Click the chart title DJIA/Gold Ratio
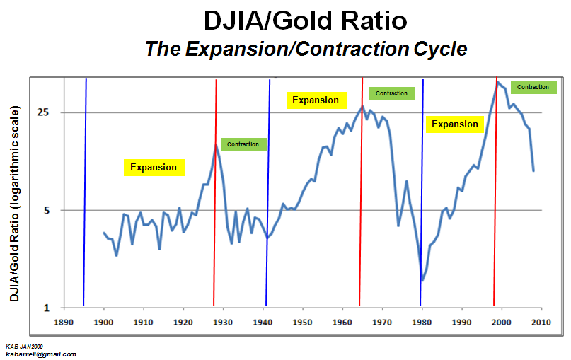click(305, 21)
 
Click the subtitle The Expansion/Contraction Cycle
click(306, 49)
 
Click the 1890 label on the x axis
click(64, 323)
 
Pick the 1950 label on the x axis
click(303, 323)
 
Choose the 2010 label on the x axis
click(541, 323)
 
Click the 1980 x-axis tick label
click(422, 323)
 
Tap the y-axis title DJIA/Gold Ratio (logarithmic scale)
click(14, 204)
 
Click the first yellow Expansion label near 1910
click(154, 168)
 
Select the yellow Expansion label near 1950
click(316, 100)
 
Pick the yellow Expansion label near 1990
click(455, 124)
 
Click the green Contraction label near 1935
click(243, 144)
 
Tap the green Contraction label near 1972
click(392, 93)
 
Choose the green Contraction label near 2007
click(533, 87)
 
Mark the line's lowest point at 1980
click(422, 281)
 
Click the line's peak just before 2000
click(497, 81)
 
